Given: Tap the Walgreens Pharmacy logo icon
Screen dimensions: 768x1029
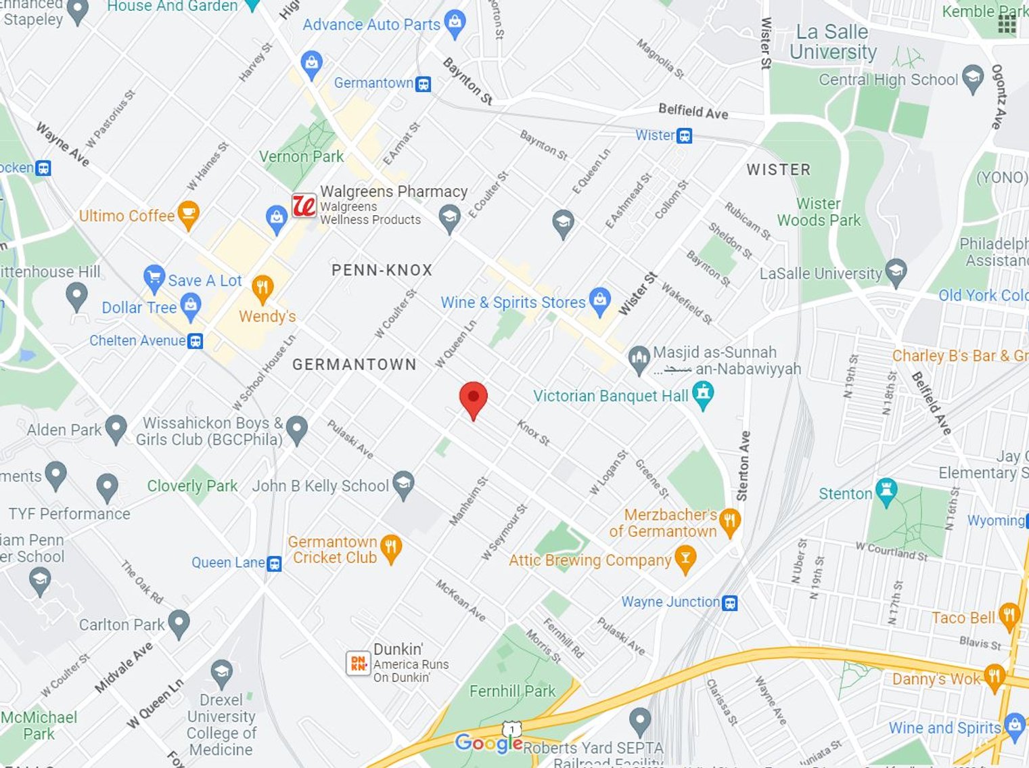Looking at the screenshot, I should pyautogui.click(x=304, y=205).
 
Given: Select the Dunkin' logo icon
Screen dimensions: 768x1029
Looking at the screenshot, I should pyautogui.click(x=358, y=663).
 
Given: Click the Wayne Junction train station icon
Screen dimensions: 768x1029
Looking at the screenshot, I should pyautogui.click(x=729, y=602).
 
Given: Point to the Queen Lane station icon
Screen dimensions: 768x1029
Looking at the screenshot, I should pyautogui.click(x=274, y=563).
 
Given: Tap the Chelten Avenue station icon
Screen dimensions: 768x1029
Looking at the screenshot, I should pyautogui.click(x=196, y=341).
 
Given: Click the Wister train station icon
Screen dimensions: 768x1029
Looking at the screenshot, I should pyautogui.click(x=685, y=136).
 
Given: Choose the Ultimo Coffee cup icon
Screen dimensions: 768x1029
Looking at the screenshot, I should pyautogui.click(x=188, y=214).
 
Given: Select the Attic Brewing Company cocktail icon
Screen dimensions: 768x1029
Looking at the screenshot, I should pyautogui.click(x=685, y=559).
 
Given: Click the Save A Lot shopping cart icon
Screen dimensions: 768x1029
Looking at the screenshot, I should pyautogui.click(x=154, y=278).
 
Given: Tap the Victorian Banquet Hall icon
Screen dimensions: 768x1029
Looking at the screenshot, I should pyautogui.click(x=704, y=394).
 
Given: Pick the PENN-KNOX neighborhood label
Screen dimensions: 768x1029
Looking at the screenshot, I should pyautogui.click(x=382, y=270).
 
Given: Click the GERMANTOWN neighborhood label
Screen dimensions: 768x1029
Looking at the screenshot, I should pyautogui.click(x=354, y=365).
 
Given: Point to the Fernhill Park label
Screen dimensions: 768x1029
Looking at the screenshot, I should pyautogui.click(x=512, y=691).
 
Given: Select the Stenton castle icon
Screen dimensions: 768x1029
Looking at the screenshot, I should pyautogui.click(x=886, y=491).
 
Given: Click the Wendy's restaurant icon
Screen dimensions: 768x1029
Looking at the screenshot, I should pyautogui.click(x=262, y=289).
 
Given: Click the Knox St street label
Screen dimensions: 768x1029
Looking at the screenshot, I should pyautogui.click(x=533, y=432).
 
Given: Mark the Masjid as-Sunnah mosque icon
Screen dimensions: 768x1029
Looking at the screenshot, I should pyautogui.click(x=639, y=359).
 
